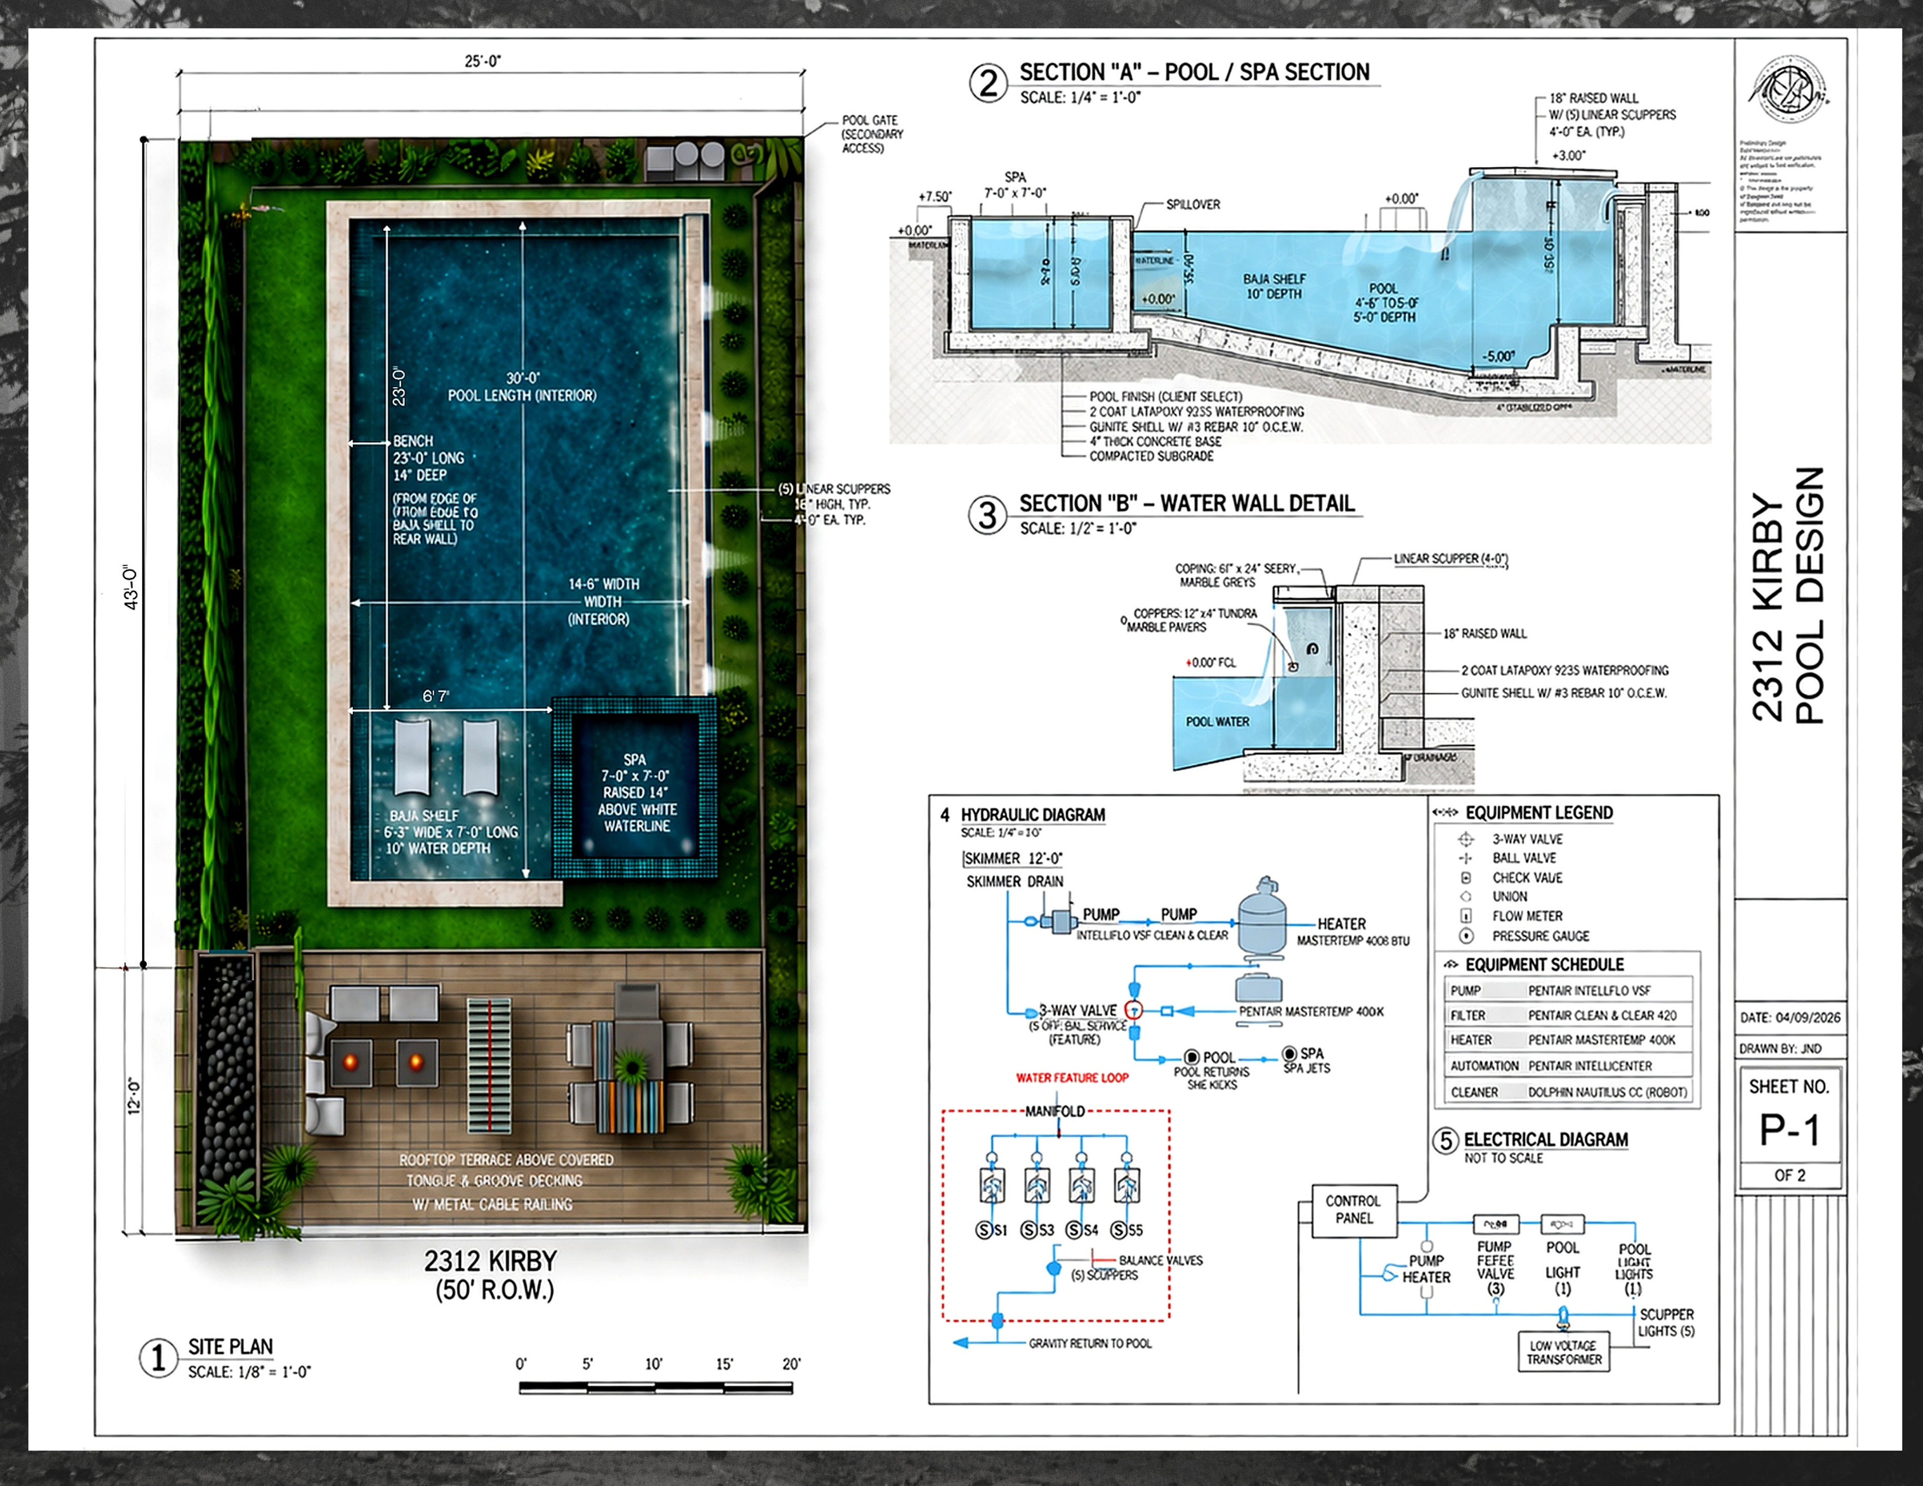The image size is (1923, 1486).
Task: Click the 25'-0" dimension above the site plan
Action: click(x=483, y=61)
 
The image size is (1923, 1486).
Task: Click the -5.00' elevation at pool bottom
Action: click(x=1498, y=356)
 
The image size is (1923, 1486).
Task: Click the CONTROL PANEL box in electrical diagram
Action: click(x=1353, y=1210)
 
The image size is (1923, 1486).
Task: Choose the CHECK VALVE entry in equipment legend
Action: click(x=1527, y=878)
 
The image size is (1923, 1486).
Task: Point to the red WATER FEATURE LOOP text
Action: click(x=1072, y=1077)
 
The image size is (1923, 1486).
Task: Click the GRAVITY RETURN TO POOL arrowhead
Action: click(x=962, y=1342)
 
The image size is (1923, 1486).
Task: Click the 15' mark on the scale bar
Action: click(x=724, y=1363)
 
